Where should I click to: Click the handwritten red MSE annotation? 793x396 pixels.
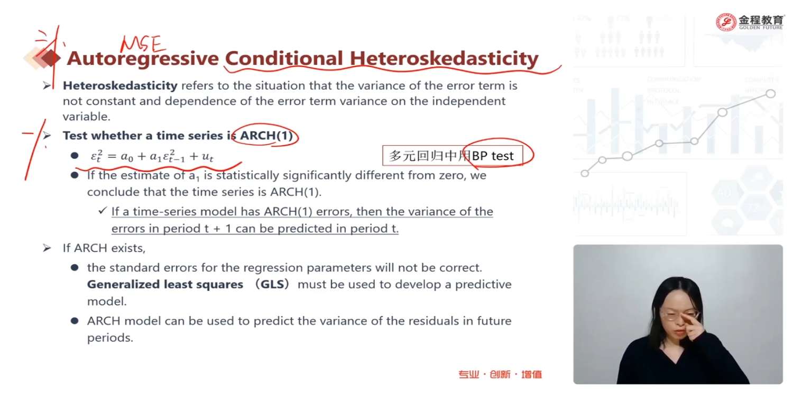[x=142, y=44]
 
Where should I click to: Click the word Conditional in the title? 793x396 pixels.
[x=284, y=58]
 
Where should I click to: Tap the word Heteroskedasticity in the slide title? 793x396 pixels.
[x=444, y=58]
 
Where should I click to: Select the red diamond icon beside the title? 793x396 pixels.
[x=50, y=58]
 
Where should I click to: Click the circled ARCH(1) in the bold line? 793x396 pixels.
[x=266, y=135]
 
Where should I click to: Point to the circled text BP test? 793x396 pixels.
[x=492, y=156]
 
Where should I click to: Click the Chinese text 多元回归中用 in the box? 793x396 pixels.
[x=430, y=156]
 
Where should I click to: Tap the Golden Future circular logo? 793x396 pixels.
[x=726, y=22]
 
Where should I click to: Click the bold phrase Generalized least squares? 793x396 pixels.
[x=165, y=284]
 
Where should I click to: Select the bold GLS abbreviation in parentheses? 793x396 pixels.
[x=272, y=284]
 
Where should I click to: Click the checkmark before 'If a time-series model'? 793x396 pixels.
[x=103, y=211]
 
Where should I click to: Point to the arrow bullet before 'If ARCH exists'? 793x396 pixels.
[x=47, y=248]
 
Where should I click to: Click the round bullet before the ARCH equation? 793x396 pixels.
[x=75, y=156]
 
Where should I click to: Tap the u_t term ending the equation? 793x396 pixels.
[x=207, y=157]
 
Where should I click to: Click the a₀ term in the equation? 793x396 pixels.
[x=127, y=157]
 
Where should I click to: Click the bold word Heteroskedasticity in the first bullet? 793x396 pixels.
[x=120, y=86]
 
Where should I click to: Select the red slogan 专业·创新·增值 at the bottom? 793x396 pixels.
[x=500, y=374]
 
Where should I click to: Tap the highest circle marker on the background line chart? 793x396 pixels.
[x=770, y=93]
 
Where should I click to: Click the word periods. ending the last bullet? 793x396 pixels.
[x=110, y=338]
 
